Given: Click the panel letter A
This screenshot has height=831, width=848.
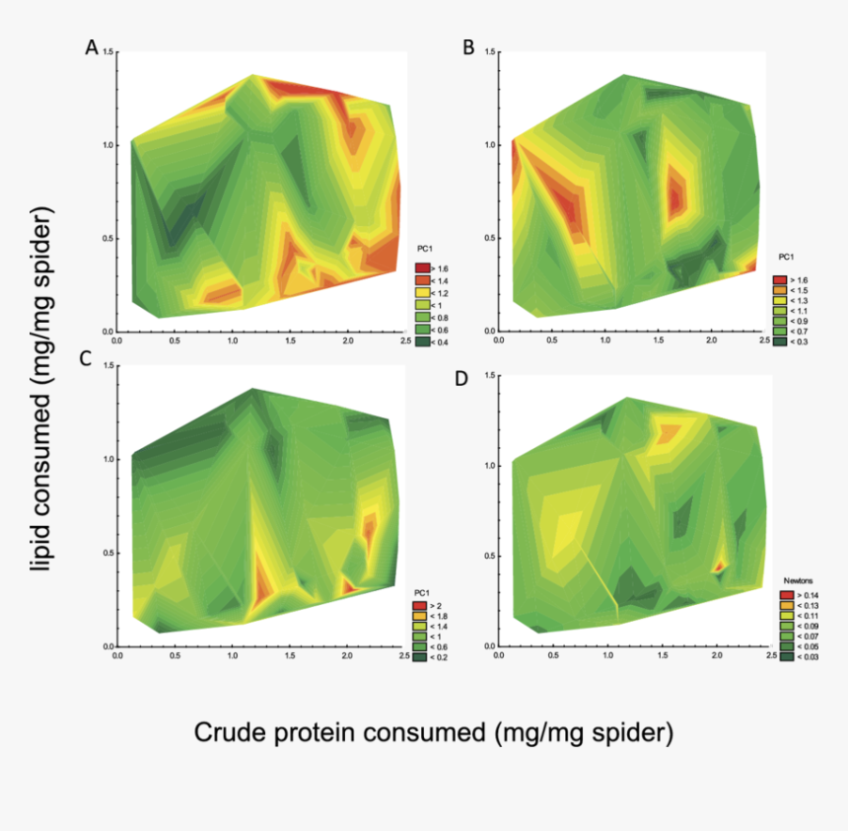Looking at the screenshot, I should pos(92,46).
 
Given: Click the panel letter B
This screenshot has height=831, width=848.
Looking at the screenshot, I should pos(468,46).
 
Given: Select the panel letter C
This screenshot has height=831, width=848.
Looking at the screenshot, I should pos(85,359).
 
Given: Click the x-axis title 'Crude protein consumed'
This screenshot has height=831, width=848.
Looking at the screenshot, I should pos(433,732).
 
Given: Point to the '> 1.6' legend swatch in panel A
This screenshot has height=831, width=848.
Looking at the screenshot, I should pos(422,268).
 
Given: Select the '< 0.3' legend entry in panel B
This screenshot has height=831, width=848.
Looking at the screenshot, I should pos(789,341).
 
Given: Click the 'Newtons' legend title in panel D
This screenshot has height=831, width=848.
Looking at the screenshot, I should pos(798,581).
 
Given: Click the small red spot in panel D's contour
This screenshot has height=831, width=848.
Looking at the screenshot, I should pos(719,567).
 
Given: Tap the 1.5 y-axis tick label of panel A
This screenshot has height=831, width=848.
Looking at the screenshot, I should pos(107,51).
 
